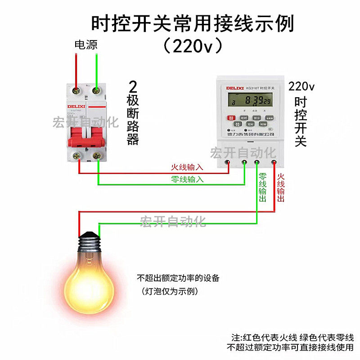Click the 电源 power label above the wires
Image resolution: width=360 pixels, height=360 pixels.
tap(85, 45)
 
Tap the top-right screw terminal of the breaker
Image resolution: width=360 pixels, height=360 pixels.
tap(95, 91)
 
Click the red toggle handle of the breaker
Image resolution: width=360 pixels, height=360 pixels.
tap(87, 135)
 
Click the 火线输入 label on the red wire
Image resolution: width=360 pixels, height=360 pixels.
tap(187, 167)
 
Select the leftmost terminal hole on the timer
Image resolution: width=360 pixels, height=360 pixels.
tap(228, 162)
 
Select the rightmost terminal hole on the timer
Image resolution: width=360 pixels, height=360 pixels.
tap(274, 162)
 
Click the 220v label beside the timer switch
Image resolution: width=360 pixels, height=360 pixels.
tap(301, 86)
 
